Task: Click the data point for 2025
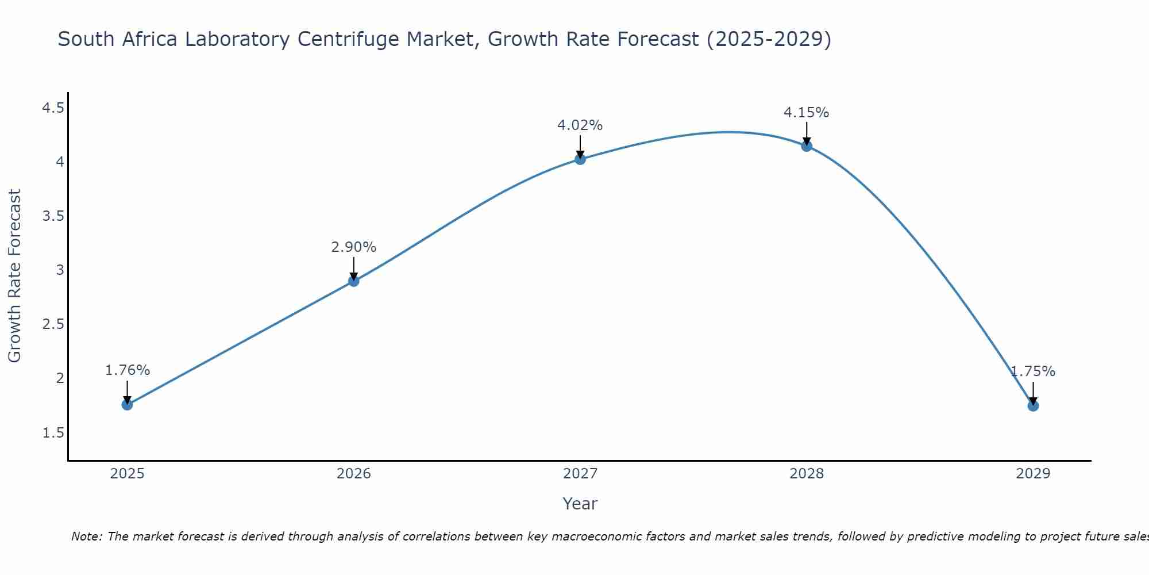[x=127, y=405]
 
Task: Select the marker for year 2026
[x=353, y=281]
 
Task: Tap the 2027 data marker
[x=580, y=159]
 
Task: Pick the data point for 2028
[x=806, y=146]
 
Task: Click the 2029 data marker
[x=1032, y=406]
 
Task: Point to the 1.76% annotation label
[x=127, y=370]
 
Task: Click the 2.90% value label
[x=353, y=247]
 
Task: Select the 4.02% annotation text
[x=580, y=125]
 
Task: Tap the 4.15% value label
[x=806, y=113]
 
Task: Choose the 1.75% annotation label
[x=1032, y=371]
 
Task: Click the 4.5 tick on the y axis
[x=53, y=108]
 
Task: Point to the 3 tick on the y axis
[x=60, y=270]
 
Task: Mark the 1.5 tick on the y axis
[x=53, y=433]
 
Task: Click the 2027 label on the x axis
[x=580, y=474]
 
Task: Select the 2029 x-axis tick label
[x=1032, y=474]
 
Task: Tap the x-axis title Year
[x=580, y=504]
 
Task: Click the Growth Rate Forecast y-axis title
[x=14, y=275]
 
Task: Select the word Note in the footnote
[x=86, y=536]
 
